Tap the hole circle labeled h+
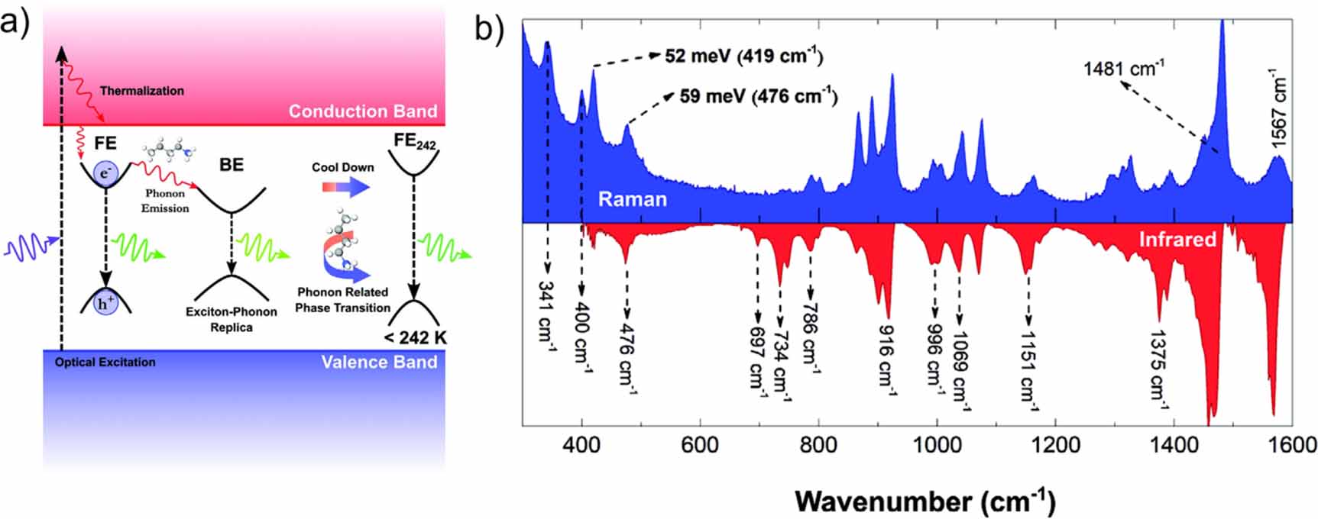(x=105, y=304)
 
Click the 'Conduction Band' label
(x=362, y=111)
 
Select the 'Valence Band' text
(x=379, y=362)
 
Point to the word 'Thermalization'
(x=142, y=91)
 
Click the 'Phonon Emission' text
(x=165, y=201)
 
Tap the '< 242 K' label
(x=416, y=338)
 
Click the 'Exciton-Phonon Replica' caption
(x=232, y=319)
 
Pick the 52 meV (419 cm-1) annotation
(x=743, y=56)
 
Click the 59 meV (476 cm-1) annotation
(x=758, y=97)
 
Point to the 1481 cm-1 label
(x=1123, y=69)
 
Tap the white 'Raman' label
(x=632, y=200)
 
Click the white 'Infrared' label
(x=1177, y=240)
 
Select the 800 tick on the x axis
(x=818, y=445)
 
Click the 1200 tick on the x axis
(x=1055, y=445)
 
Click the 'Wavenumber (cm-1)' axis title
(x=925, y=501)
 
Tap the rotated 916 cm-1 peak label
(x=886, y=358)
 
